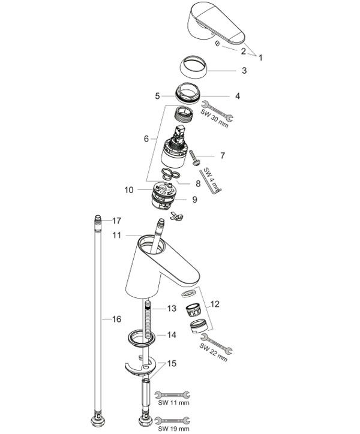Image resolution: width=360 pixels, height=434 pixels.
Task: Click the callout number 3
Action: point(244,70)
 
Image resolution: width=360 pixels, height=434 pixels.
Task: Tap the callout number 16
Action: point(116,319)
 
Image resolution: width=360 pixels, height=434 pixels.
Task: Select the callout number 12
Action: point(215,304)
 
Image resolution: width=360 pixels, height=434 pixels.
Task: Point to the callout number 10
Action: point(129,190)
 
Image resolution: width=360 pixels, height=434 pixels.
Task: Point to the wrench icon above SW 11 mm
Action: point(172,394)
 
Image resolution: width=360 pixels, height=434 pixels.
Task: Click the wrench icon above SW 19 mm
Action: point(172,421)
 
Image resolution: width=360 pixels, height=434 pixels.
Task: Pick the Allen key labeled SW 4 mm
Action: point(210,182)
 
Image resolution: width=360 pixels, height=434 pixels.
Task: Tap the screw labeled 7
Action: point(194,158)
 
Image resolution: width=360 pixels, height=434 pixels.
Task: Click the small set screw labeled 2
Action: point(218,43)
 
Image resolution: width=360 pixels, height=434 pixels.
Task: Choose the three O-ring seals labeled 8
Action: point(170,174)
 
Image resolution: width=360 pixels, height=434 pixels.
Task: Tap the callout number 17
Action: point(116,221)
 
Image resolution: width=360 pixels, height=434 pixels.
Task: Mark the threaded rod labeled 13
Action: point(148,321)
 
